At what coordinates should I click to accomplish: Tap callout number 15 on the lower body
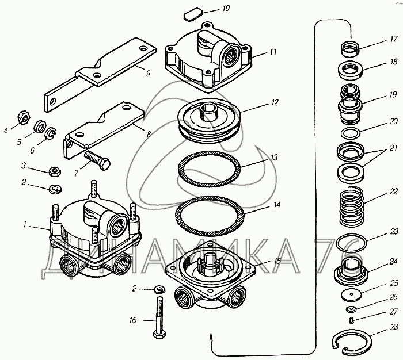click(x=277, y=261)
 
